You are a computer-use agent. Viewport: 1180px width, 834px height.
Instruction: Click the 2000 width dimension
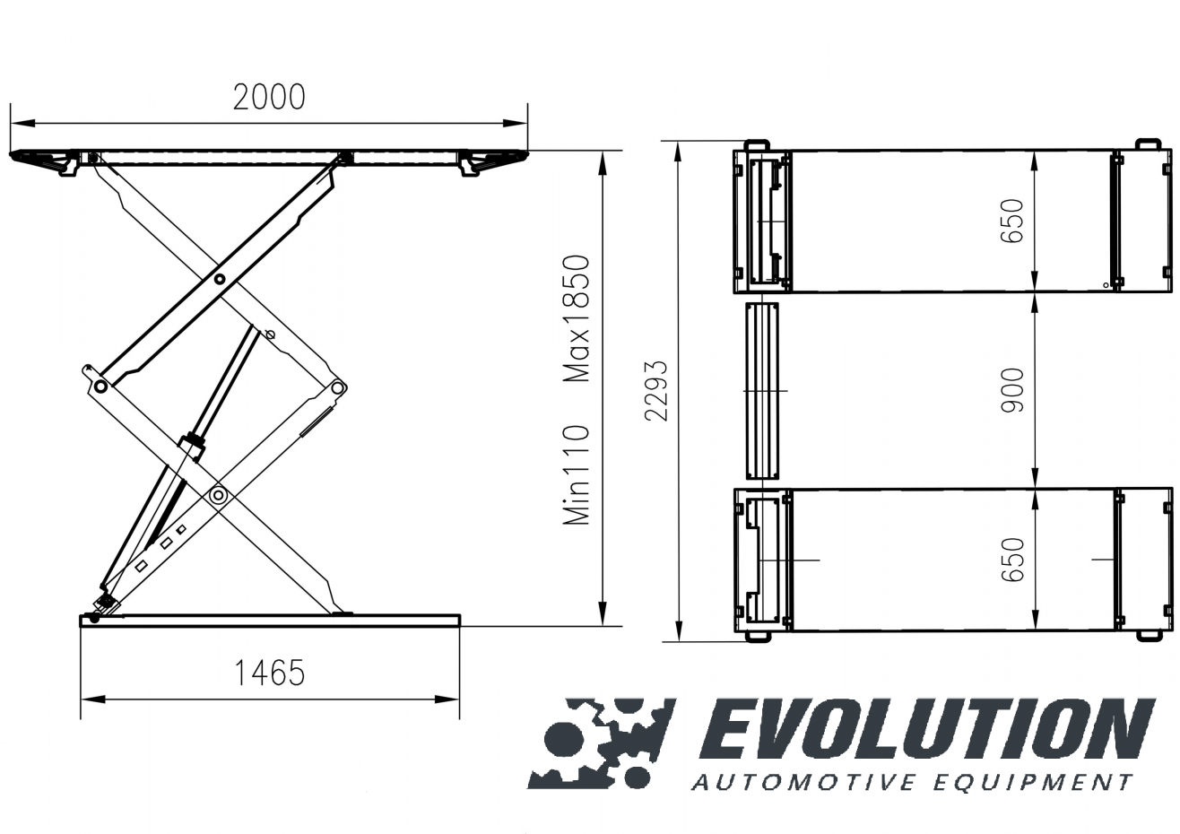coord(269,97)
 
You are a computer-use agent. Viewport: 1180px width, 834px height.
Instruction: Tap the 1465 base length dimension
coord(269,672)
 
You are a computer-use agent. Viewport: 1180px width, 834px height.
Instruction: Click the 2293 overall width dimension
coord(656,391)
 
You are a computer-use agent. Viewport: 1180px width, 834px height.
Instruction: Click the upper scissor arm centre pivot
coord(218,279)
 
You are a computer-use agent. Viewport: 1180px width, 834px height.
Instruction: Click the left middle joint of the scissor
coord(100,386)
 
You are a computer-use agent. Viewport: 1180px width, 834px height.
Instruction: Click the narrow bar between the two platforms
coord(760,391)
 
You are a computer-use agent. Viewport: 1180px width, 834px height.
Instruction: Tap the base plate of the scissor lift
coord(269,620)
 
